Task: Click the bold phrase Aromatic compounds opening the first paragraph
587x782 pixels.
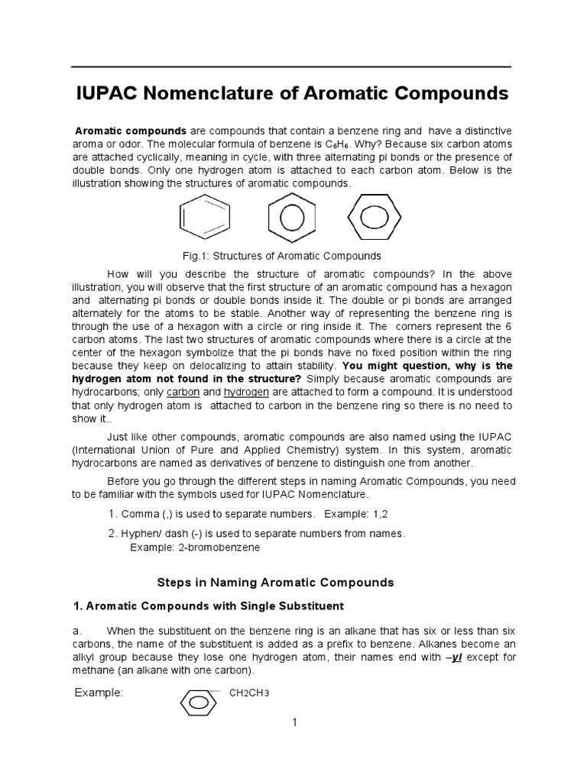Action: click(131, 132)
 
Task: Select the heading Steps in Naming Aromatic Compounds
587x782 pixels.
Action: click(275, 582)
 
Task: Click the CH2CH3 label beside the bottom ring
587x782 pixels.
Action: click(250, 693)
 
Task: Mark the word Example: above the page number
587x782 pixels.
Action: click(99, 693)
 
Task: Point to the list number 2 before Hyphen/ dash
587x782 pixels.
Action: click(112, 533)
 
